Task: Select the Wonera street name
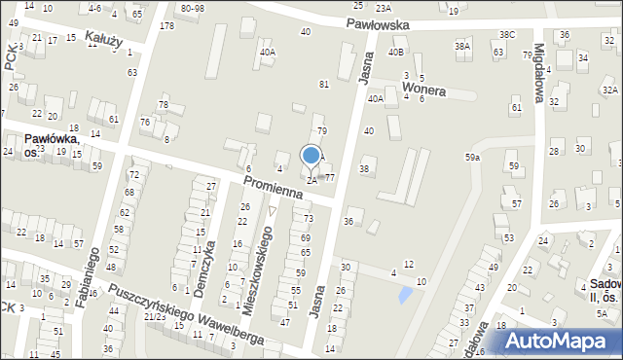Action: point(423,90)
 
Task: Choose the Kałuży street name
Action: point(103,38)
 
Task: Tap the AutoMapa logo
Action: point(559,341)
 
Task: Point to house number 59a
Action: point(472,157)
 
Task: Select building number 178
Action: point(166,25)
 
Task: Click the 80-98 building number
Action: point(192,8)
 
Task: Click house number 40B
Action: point(395,52)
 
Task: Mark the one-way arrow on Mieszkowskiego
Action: point(272,210)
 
